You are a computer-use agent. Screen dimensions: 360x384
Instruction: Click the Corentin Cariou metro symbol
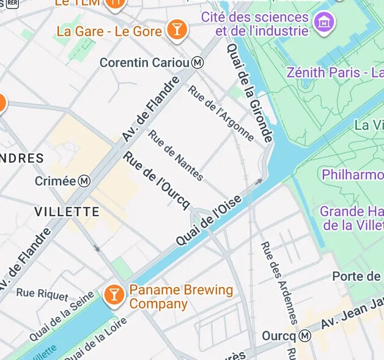point(198,62)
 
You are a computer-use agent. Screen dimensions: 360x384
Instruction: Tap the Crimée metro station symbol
point(85,181)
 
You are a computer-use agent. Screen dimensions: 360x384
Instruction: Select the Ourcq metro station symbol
point(305,336)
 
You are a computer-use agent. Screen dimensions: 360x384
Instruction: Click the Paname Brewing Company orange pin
point(114,294)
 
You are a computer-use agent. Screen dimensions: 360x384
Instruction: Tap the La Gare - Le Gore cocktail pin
point(176,30)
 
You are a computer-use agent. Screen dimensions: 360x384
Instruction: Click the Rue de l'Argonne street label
point(221,113)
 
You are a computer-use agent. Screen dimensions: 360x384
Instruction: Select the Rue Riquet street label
point(42,294)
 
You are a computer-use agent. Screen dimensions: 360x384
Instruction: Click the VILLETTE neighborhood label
point(67,212)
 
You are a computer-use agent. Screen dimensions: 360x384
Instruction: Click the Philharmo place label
point(352,175)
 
